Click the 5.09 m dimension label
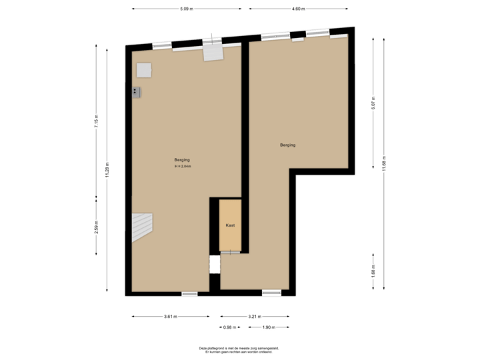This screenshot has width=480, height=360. [186, 9]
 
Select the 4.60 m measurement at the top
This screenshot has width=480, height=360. [298, 9]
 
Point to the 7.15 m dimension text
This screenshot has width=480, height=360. [96, 121]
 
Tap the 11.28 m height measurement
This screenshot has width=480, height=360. [107, 170]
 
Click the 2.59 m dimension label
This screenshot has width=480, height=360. [96, 227]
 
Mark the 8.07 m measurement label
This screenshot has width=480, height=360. [373, 103]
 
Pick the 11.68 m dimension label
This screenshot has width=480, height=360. [384, 164]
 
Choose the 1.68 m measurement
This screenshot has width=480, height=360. [373, 271]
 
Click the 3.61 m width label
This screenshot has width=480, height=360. [171, 317]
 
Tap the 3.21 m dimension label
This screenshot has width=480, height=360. [255, 317]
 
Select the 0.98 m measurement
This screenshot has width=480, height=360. [229, 327]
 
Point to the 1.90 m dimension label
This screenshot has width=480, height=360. [268, 327]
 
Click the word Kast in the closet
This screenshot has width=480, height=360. [230, 225]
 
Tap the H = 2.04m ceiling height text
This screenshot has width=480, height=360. [182, 166]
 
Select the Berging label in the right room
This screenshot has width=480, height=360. [287, 145]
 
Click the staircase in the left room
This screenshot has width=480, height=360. [141, 227]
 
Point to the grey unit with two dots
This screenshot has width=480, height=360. [136, 92]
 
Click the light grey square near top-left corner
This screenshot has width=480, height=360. [144, 70]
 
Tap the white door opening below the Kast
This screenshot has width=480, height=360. [215, 264]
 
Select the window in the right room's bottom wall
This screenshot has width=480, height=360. [271, 293]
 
